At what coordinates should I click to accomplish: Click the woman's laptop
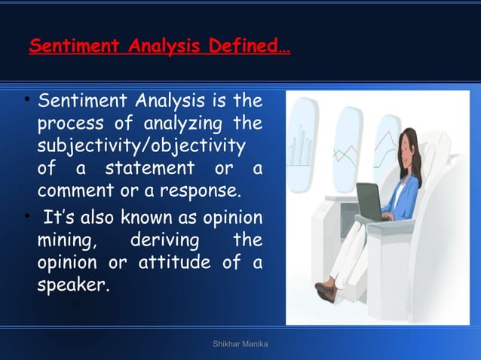point(370,202)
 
